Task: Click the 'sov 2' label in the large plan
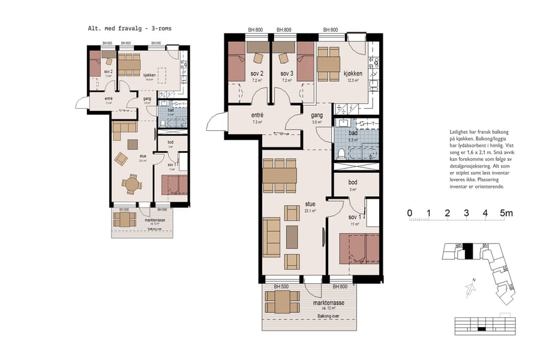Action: (258, 74)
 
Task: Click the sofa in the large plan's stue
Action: (272, 237)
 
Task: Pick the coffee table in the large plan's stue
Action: (292, 236)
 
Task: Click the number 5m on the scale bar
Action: (506, 213)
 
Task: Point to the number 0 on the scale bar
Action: (409, 213)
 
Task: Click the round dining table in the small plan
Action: (132, 183)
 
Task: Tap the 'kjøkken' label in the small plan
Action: (149, 75)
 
